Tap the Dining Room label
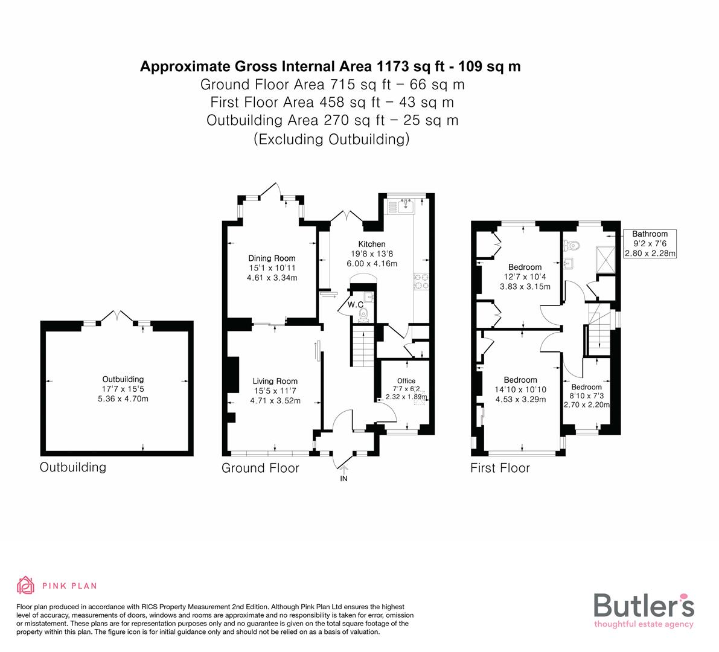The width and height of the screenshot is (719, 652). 272,258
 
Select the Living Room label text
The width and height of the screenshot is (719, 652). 275,381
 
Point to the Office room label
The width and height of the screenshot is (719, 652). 406,381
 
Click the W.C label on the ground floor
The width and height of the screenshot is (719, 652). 354,305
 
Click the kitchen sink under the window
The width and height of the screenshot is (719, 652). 400,207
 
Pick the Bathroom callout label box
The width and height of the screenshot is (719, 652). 650,243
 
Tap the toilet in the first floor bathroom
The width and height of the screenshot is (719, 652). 570,246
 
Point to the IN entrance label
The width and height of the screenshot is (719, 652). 344,479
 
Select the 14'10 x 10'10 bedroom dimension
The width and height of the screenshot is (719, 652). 520,389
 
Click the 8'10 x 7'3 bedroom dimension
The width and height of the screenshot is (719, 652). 586,396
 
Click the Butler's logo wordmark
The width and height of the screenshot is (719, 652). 644,605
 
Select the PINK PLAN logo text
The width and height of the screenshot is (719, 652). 69,586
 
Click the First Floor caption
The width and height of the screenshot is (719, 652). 500,468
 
